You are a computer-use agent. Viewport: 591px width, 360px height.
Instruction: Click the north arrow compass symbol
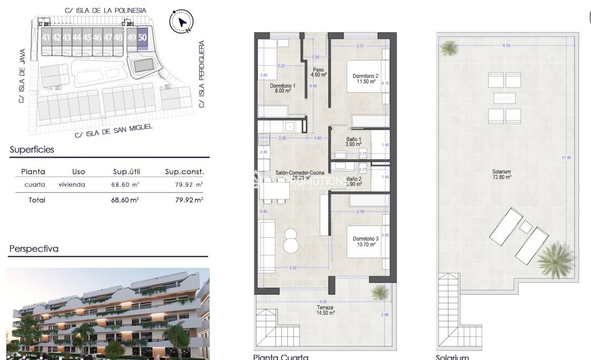(x=181, y=22)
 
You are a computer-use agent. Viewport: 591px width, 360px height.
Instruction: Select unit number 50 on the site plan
(x=142, y=38)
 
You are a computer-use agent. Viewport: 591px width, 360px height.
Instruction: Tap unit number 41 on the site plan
(x=46, y=38)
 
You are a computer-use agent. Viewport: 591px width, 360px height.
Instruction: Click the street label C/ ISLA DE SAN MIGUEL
(x=114, y=130)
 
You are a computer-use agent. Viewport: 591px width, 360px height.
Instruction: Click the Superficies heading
(x=32, y=150)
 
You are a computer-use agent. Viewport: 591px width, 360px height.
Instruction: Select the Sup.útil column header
(x=126, y=172)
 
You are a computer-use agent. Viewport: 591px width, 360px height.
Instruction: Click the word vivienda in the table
(x=72, y=185)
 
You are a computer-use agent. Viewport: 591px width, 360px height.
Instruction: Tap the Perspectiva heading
(x=34, y=249)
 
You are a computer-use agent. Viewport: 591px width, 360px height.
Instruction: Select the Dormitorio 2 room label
(x=366, y=78)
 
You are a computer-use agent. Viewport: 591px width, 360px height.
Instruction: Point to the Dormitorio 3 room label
(x=365, y=241)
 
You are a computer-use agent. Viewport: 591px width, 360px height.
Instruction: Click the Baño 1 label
(x=353, y=142)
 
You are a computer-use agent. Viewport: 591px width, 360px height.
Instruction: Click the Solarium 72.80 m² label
(x=501, y=174)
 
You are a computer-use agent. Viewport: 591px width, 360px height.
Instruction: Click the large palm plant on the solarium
(x=556, y=260)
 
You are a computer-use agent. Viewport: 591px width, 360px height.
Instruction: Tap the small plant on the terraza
(x=380, y=292)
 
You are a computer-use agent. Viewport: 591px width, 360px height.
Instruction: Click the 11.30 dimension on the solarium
(x=566, y=158)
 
